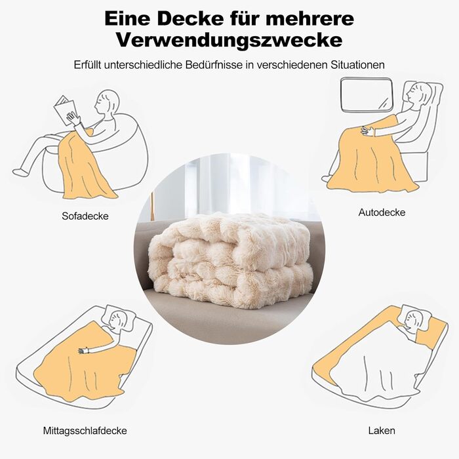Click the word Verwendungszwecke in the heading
pyautogui.click(x=229, y=40)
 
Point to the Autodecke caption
pyautogui.click(x=382, y=212)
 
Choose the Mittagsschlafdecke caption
pyautogui.click(x=85, y=431)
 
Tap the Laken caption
pyautogui.click(x=382, y=431)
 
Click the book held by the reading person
pyautogui.click(x=65, y=109)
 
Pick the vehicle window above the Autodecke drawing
pyautogui.click(x=367, y=94)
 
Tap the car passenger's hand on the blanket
pyautogui.click(x=368, y=130)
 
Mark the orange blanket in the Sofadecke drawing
pyautogui.click(x=85, y=165)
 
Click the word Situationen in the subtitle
pyautogui.click(x=358, y=65)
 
